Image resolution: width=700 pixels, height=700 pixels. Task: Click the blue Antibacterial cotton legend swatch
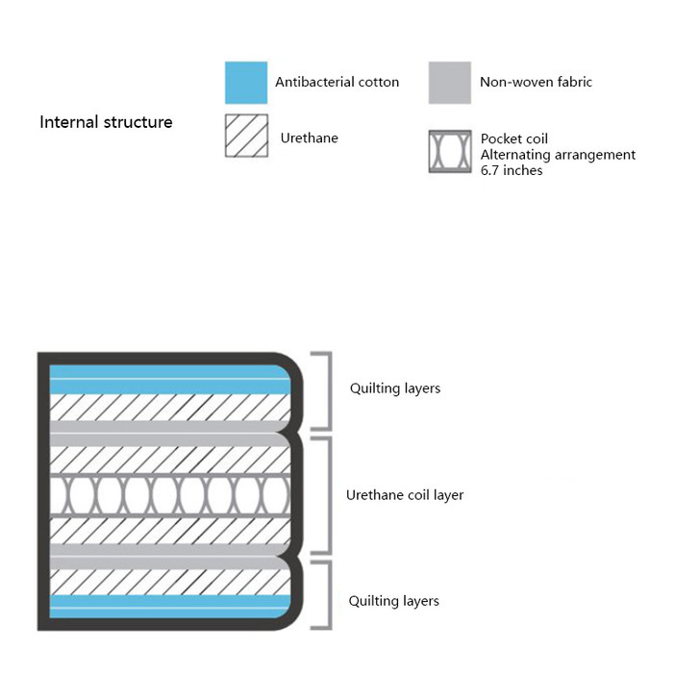[x=245, y=83]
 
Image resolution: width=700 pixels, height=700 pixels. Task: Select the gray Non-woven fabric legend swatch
[x=449, y=83]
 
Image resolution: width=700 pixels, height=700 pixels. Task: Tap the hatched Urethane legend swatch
[x=245, y=137]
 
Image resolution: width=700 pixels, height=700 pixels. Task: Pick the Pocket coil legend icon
[x=449, y=152]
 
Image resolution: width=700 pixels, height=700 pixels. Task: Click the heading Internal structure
[x=106, y=122]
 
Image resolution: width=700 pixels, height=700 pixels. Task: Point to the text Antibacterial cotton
[x=337, y=83]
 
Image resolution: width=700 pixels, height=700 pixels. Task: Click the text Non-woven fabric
[x=536, y=83]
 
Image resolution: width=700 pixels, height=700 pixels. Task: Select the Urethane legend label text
[x=309, y=137]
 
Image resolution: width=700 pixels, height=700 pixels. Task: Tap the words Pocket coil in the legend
[x=513, y=139]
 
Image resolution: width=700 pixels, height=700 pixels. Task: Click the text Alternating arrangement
[x=558, y=155]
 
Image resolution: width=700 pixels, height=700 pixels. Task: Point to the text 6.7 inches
[x=511, y=170]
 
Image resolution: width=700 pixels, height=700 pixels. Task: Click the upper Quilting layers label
[x=394, y=388]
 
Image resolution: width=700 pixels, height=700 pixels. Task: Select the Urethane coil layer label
[x=405, y=495]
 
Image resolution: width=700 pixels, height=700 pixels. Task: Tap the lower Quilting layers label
[x=393, y=601]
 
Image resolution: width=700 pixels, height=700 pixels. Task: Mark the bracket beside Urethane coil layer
[x=327, y=495]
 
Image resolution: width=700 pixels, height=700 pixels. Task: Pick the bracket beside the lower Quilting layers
[x=327, y=596]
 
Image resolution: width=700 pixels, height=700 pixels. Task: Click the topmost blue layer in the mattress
[x=168, y=371]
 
